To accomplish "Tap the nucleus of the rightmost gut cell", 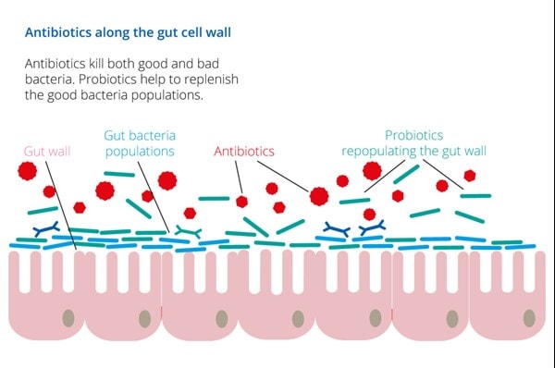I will pyautogui.click(x=529, y=318).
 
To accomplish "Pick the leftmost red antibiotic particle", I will pyautogui.click(x=26, y=171).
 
